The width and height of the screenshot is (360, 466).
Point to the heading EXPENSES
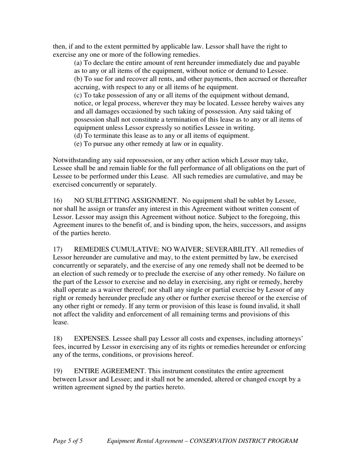(90, 338)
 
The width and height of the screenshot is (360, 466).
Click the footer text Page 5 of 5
(68, 441)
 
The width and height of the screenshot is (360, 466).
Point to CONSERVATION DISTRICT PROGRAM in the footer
(244, 441)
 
